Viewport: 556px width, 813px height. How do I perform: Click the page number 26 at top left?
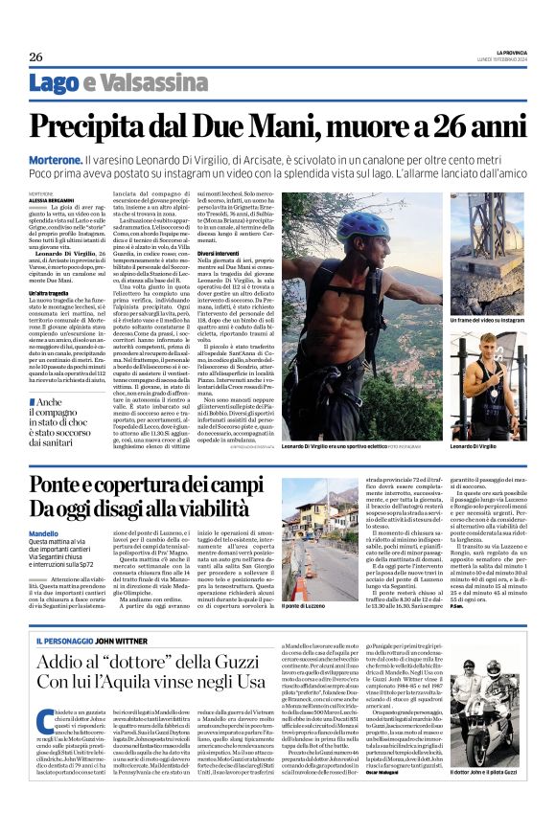[35, 56]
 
